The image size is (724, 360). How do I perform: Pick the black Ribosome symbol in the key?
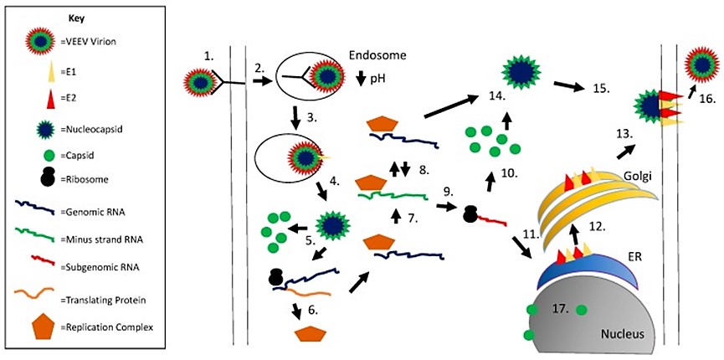[39, 177]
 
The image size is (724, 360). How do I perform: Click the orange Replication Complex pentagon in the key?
[39, 322]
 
